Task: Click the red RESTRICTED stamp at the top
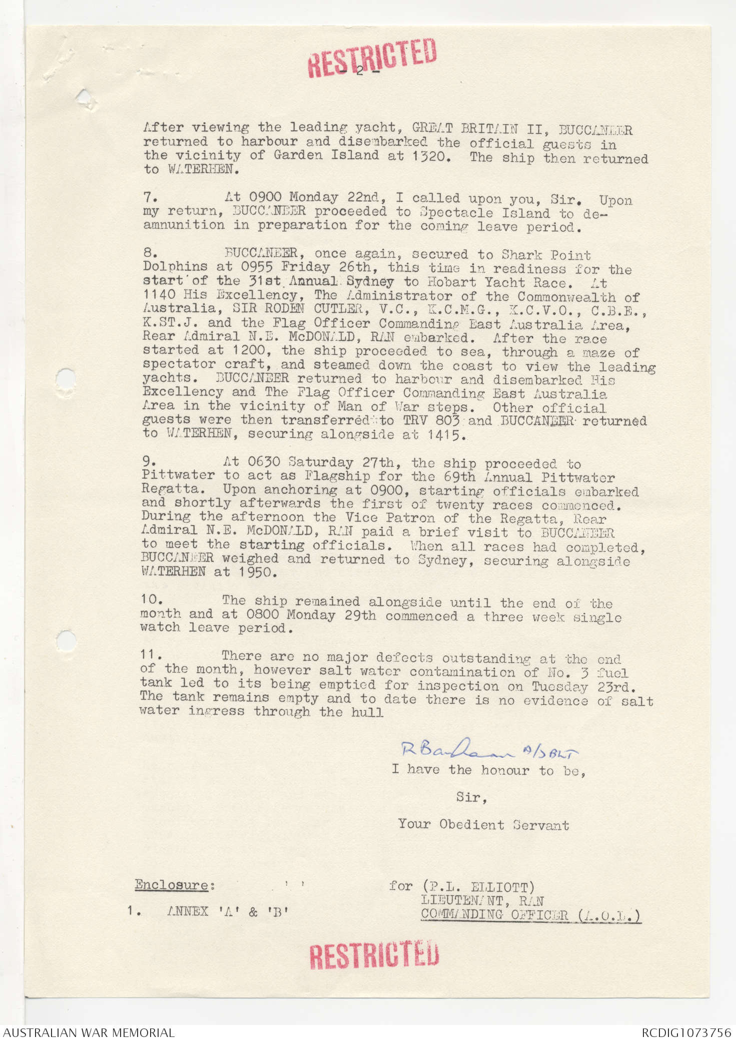click(372, 57)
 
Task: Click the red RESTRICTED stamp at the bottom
click(374, 954)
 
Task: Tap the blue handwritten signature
click(489, 749)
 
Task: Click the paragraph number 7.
click(150, 197)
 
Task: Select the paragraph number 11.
click(151, 655)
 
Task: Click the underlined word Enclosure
click(172, 885)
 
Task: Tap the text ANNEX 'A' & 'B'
click(228, 911)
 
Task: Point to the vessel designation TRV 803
click(427, 420)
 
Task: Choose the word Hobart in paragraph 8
click(450, 282)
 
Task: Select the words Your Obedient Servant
click(483, 824)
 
